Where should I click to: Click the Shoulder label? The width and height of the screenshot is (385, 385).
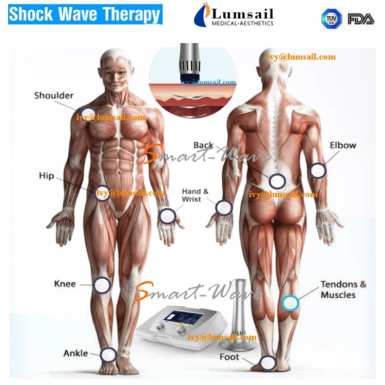[53, 95]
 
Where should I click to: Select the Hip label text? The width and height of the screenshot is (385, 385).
[46, 176]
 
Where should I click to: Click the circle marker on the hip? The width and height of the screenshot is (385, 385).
[103, 192]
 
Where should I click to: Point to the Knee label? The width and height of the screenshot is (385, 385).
[65, 284]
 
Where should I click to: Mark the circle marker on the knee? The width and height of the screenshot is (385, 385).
[102, 285]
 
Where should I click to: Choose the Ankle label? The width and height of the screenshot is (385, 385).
[75, 353]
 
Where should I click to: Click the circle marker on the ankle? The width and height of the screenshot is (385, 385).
[108, 355]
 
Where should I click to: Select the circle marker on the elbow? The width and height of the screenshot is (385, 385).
[318, 170]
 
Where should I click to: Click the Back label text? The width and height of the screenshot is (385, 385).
[203, 145]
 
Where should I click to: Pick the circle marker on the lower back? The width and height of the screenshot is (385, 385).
[277, 181]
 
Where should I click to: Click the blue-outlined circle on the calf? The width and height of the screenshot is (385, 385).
[290, 302]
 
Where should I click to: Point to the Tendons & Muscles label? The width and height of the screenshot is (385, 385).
[343, 290]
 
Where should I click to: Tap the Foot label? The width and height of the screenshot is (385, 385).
[229, 357]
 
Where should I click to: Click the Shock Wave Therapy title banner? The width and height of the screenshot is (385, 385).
[85, 14]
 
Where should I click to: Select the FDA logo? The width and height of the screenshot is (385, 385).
[361, 19]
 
